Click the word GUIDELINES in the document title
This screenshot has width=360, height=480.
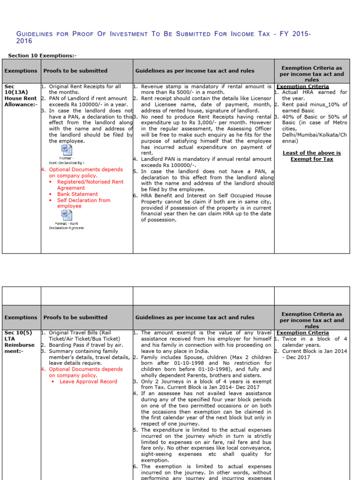34,34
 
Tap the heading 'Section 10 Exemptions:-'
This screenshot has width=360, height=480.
42,56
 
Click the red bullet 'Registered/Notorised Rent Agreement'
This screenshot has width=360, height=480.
90,185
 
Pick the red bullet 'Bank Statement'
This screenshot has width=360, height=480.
77,194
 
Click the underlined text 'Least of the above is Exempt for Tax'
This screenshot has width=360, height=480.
312,156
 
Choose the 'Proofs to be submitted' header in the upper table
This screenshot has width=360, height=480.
75,71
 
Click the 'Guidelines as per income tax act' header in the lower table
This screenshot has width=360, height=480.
195,317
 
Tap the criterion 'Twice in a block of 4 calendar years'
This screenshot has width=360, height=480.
314,342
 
